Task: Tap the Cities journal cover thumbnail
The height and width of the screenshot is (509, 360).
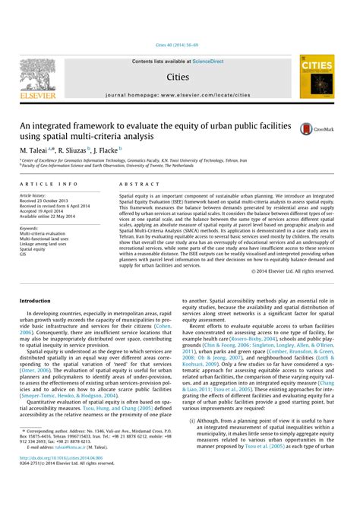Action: pos(316,75)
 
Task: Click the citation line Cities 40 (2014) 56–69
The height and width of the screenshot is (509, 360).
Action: pos(179,45)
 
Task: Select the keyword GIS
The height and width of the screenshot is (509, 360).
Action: pos(24,254)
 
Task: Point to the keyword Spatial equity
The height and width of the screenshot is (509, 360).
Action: pos(33,248)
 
